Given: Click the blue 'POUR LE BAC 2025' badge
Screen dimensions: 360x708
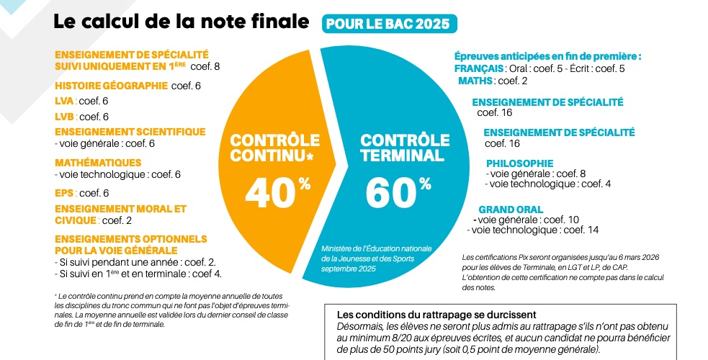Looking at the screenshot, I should [x=389, y=23].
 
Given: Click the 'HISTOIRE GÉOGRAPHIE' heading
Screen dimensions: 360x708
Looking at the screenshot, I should [x=111, y=86].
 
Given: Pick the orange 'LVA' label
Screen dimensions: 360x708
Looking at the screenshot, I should [x=64, y=101].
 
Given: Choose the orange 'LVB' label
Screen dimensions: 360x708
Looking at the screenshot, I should [x=64, y=116].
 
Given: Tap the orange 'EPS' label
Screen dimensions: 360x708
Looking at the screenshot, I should [x=64, y=192].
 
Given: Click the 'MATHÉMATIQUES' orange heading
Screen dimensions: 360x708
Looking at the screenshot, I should [x=98, y=163].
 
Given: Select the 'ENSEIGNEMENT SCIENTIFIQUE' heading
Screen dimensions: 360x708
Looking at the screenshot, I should [x=130, y=132].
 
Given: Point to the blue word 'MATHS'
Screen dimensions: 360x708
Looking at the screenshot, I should [x=475, y=81].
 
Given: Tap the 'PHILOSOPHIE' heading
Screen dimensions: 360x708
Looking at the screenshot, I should [x=519, y=163].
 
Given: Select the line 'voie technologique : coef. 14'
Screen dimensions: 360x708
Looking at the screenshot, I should [x=534, y=230].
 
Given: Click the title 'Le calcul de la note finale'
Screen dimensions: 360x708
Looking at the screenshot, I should [x=181, y=22].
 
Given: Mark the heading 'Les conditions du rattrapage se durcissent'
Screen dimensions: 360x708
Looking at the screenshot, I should [x=436, y=315].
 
